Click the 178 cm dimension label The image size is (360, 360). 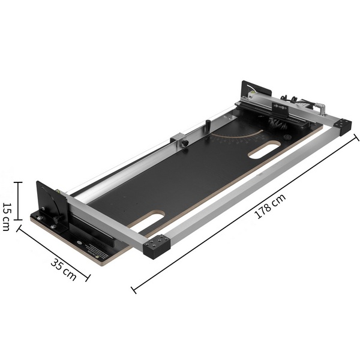pyautogui.click(x=270, y=206)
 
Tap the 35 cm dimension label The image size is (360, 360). pyautogui.click(x=64, y=269)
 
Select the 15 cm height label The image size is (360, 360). pyautogui.click(x=6, y=217)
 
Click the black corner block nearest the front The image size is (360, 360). pyautogui.click(x=157, y=247)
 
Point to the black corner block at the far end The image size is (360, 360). pyautogui.click(x=343, y=127)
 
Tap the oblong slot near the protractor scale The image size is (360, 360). pyautogui.click(x=265, y=150)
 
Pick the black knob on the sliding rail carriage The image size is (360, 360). pyautogui.click(x=185, y=143)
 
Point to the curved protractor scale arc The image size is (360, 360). pyautogui.click(x=239, y=136)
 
